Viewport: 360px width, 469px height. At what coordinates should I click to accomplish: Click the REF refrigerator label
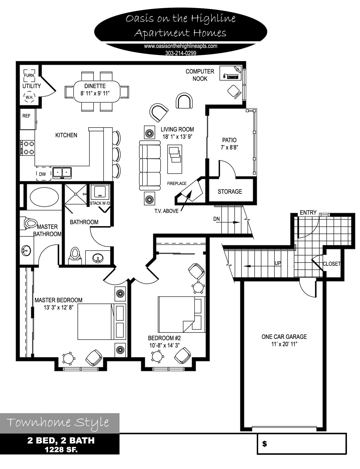coord(26,116)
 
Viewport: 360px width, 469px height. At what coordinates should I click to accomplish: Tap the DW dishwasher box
coord(44,173)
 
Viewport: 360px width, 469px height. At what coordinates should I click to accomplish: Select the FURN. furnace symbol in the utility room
coord(29,75)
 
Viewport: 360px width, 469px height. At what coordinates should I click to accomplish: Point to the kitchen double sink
coord(62,173)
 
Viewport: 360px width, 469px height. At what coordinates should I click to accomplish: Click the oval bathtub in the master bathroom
coord(44,197)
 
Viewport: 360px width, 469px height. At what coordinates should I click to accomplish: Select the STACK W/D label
coord(100,203)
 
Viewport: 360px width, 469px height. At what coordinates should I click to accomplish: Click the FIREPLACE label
coord(177,183)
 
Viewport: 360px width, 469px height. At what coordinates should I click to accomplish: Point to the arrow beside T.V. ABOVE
coord(186,201)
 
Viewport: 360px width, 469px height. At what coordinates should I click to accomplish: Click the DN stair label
coord(216,219)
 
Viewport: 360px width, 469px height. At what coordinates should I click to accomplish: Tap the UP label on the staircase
coord(278,263)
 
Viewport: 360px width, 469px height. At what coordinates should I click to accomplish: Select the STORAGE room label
coord(230,191)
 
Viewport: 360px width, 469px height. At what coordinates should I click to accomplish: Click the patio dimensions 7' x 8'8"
coord(229,147)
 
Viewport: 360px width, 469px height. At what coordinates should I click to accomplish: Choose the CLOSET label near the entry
coord(332,264)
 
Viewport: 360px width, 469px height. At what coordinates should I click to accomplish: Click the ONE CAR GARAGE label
coord(284,337)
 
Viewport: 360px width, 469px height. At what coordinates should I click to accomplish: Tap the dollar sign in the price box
coord(265,444)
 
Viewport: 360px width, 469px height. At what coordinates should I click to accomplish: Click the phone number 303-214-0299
coord(181,53)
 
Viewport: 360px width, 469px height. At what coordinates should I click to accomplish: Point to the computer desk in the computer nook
coord(231,73)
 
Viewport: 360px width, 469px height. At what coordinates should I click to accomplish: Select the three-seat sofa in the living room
coord(150,165)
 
